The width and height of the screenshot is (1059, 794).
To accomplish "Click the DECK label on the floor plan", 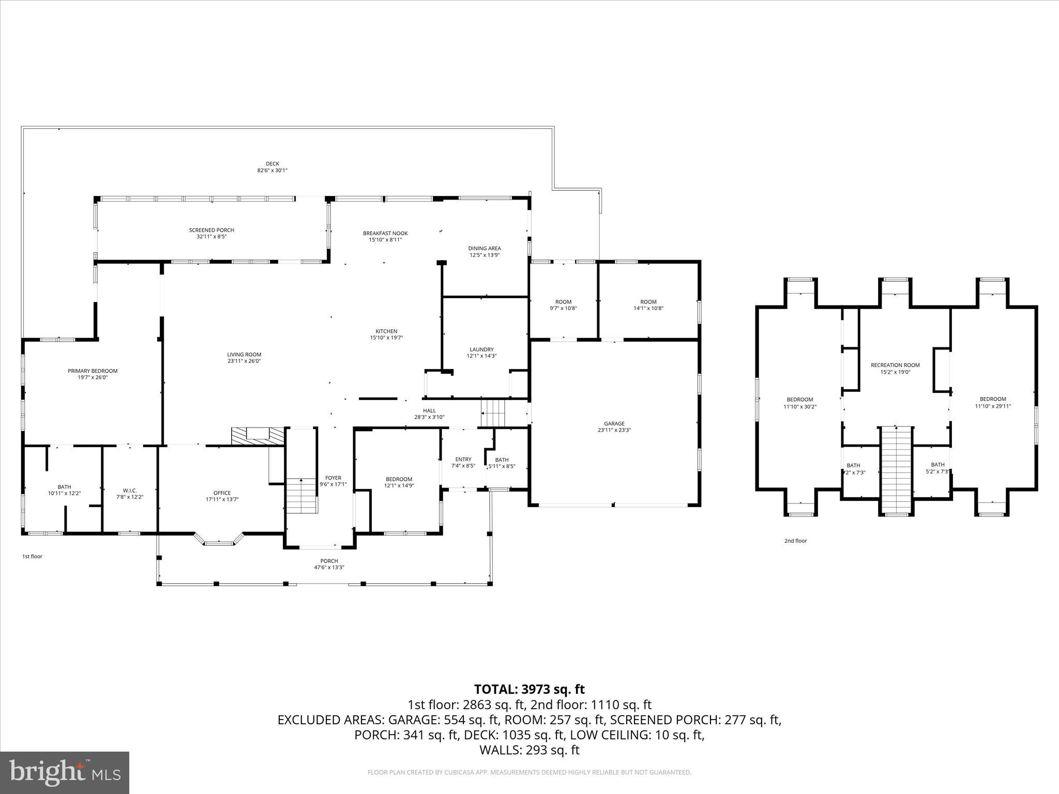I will click(x=272, y=164).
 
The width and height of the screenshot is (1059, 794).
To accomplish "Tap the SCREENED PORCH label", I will click(x=211, y=230).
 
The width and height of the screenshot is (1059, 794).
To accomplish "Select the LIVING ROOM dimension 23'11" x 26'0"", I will click(x=244, y=361).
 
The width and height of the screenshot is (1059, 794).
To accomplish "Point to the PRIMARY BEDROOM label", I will click(x=93, y=371).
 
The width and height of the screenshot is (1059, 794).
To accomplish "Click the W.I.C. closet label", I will click(x=130, y=490).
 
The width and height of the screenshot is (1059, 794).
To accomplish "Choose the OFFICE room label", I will click(x=222, y=493).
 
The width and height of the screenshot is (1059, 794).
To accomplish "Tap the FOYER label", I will click(x=333, y=478).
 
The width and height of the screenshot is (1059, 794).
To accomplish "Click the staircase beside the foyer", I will click(x=301, y=495).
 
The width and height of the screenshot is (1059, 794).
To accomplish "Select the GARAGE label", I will click(x=614, y=423).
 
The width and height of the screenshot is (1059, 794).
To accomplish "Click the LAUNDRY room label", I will click(x=481, y=349).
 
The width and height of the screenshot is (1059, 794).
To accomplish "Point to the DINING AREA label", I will click(x=485, y=248).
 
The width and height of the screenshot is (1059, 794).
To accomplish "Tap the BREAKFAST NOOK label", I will click(x=385, y=233).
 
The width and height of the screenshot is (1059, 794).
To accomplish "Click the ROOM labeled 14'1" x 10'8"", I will click(x=648, y=305).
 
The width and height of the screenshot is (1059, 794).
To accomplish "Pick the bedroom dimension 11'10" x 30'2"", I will click(x=799, y=406).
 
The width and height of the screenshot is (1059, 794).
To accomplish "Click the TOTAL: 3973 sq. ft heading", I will click(x=529, y=689).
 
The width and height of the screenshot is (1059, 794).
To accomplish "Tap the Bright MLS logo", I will click(x=65, y=772).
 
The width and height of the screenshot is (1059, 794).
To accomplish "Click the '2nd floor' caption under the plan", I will click(x=795, y=541).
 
